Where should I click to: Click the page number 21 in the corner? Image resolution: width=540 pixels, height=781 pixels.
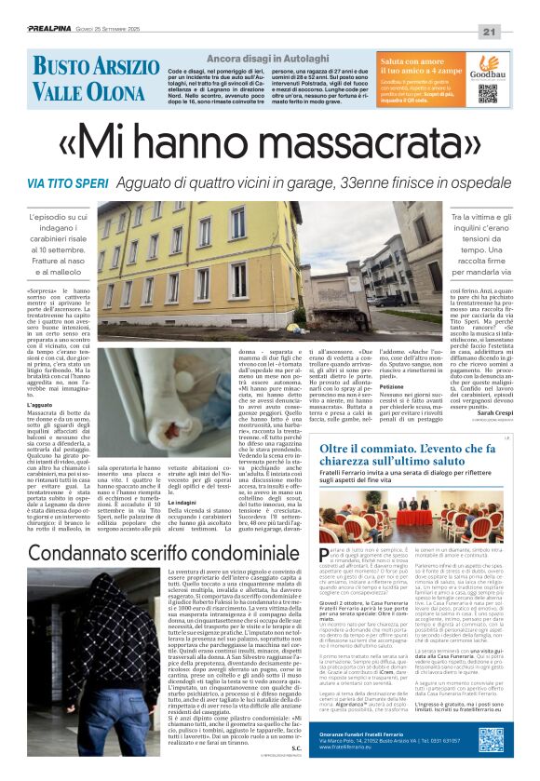pos(515,8)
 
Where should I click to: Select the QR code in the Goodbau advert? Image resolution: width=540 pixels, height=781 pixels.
pos(488,93)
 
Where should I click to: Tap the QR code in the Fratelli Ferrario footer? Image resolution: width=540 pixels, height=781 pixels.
pos(491,741)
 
